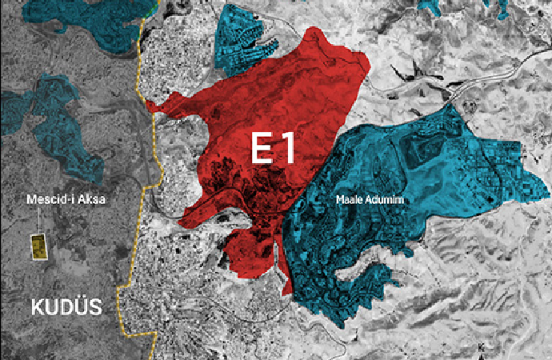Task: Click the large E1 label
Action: (x=274, y=149)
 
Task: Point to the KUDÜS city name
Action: (x=67, y=306)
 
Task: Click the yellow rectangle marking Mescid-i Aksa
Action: (x=37, y=246)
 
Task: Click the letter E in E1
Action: (x=262, y=149)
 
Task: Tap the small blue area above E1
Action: (x=244, y=36)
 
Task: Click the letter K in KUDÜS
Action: (x=37, y=306)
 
